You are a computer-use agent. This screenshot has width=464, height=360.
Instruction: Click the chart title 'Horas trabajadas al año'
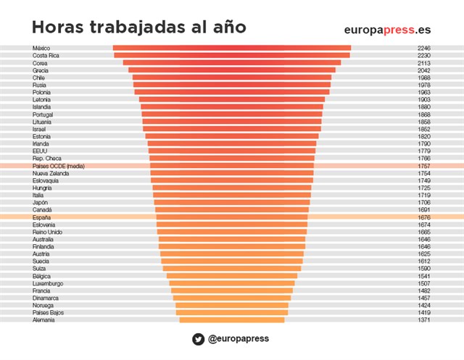coord(138,28)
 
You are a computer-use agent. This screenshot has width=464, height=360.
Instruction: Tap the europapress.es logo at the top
coord(391,29)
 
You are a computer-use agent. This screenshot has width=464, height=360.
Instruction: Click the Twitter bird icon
coord(198,339)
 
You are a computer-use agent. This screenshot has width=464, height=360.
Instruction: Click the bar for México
coord(231,48)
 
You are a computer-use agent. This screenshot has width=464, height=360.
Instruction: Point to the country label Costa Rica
coord(46,55)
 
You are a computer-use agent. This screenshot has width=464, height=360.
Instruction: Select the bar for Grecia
coord(231,70)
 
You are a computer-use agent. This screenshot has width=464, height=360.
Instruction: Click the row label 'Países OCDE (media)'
coord(59,166)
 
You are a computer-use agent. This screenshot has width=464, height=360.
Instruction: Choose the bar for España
coord(231,217)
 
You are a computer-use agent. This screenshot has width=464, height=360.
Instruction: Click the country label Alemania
coord(43,320)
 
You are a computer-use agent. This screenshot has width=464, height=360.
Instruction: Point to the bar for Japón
coord(231,203)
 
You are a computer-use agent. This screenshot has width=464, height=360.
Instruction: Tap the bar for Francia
coord(231,290)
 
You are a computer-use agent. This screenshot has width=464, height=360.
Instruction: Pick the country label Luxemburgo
coord(48,283)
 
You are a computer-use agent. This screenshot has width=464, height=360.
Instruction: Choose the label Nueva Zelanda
coord(51,173)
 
